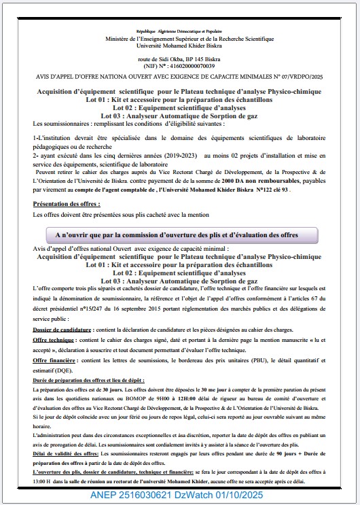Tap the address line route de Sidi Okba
[x=179, y=59]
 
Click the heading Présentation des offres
[x=67, y=203]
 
